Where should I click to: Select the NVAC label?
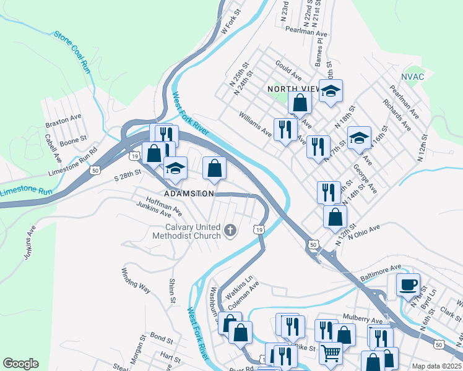[412, 77]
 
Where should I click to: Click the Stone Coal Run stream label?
[72, 53]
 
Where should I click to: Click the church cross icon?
[230, 231]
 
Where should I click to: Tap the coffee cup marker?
[408, 284]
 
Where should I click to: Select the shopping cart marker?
[331, 353]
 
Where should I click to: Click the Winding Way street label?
[136, 281]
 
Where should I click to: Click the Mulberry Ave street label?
[365, 320]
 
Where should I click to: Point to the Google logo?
[20, 364]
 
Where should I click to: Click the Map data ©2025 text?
[436, 366]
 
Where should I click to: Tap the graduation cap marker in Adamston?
[175, 168]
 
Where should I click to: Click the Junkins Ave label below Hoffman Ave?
[154, 210]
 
